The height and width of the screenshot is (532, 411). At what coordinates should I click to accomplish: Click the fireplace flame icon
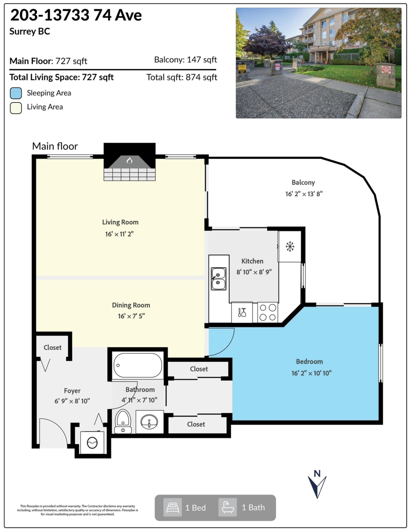click(129, 160)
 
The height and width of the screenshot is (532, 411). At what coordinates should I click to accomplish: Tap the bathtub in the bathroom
click(138, 365)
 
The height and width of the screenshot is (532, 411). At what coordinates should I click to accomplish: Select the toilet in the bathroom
click(123, 421)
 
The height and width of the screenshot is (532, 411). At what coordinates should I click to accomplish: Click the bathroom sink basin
click(150, 422)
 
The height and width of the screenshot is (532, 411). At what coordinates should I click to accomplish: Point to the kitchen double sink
click(218, 278)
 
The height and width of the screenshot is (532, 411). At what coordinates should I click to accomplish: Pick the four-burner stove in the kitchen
click(267, 312)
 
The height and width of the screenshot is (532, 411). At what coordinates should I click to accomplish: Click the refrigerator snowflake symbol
click(290, 246)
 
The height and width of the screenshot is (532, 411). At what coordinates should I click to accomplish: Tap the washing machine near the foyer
click(92, 442)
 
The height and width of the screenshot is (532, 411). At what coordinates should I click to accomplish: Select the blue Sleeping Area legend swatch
click(16, 93)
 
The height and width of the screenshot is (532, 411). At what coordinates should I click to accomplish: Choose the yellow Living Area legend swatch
click(16, 107)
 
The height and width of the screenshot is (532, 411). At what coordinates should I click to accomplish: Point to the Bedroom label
click(309, 361)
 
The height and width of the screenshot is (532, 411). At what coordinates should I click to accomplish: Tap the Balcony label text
click(303, 182)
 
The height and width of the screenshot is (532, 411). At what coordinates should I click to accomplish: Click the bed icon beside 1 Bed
click(172, 507)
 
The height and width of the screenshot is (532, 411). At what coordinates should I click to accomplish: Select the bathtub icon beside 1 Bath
click(227, 507)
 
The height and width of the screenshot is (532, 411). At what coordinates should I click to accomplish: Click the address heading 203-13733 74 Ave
click(76, 16)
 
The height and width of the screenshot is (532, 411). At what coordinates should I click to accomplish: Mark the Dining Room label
click(131, 305)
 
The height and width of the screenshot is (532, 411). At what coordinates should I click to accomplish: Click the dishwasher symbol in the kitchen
click(242, 312)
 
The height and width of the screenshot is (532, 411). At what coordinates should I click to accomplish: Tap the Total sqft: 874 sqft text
click(182, 77)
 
